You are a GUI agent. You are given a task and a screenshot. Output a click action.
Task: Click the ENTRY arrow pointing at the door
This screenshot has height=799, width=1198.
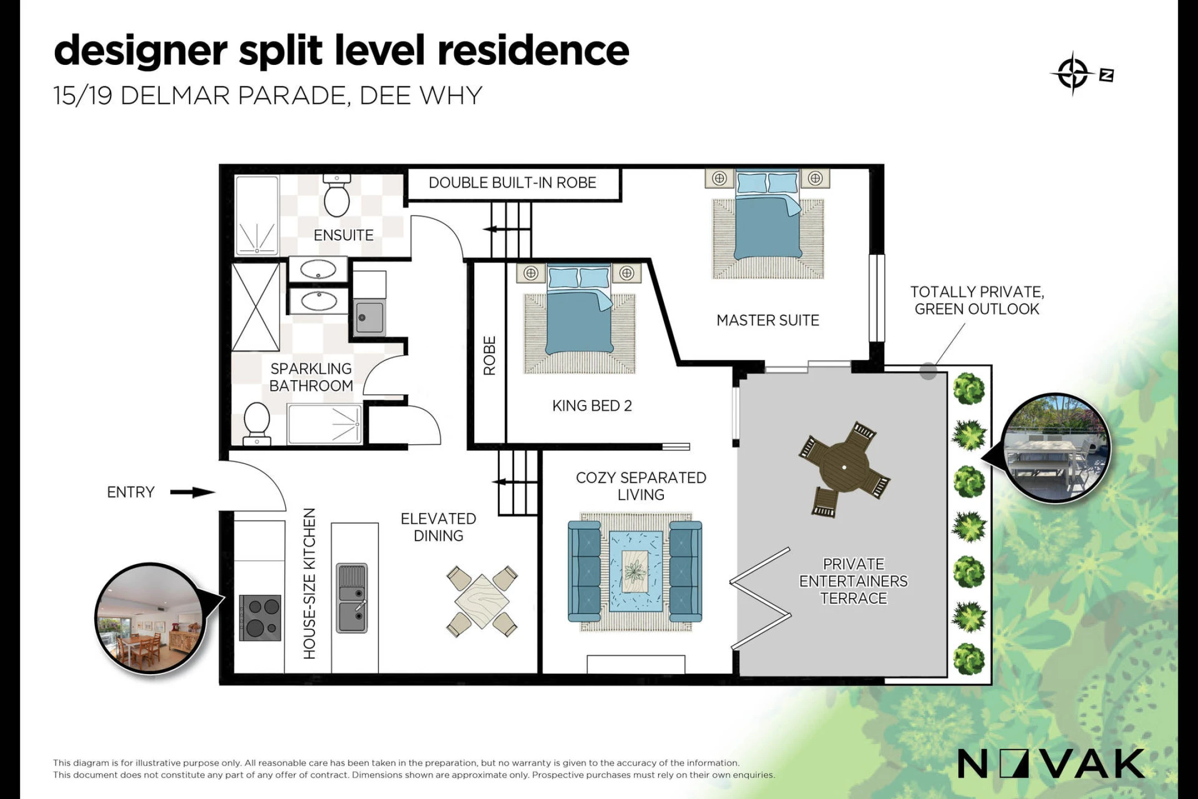(x=192, y=492)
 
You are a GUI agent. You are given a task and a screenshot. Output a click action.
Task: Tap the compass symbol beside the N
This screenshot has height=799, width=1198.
(x=1073, y=74)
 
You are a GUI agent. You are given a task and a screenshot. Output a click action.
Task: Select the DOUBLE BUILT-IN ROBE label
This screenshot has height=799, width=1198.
(x=512, y=183)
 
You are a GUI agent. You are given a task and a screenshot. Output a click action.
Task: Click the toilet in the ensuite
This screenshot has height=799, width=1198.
(x=337, y=195)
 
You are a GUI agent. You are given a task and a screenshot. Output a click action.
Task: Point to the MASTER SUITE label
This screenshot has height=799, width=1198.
(x=768, y=320)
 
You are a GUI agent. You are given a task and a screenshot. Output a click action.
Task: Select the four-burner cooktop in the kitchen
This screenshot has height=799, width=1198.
(x=260, y=618)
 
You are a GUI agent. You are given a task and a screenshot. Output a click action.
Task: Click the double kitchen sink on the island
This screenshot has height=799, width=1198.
(x=352, y=598)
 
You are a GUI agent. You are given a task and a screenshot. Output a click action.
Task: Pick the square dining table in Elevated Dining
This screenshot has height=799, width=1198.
(x=482, y=601)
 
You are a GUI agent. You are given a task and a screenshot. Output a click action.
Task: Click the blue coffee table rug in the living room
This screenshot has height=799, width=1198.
(x=636, y=571)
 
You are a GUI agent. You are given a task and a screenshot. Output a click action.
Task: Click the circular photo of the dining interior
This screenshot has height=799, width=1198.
(x=150, y=618)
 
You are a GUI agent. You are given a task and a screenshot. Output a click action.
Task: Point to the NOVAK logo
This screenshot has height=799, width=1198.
(x=1050, y=763)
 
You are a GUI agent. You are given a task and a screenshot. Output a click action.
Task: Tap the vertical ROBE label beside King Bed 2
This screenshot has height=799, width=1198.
(x=489, y=356)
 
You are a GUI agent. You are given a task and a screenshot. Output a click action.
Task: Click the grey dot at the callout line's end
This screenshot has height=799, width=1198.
(x=928, y=371)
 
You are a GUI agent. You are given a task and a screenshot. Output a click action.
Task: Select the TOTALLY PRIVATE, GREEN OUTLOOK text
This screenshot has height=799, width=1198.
(x=977, y=300)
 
